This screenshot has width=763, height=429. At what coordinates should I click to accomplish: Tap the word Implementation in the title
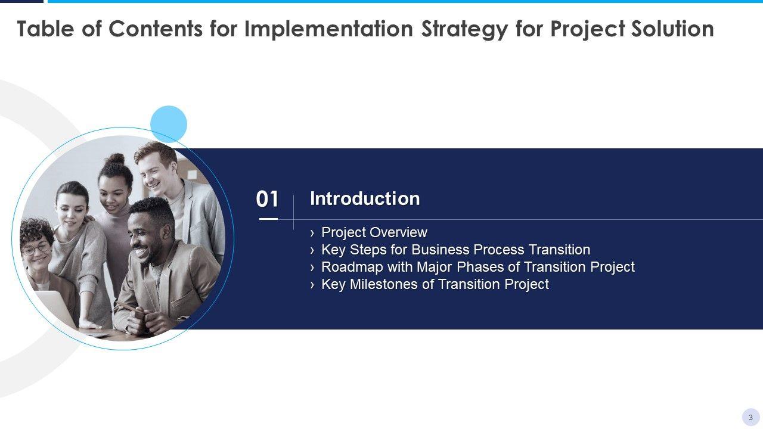[328, 29]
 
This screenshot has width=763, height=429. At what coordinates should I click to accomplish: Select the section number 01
[268, 199]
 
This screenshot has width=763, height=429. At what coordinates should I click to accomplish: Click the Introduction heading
[365, 198]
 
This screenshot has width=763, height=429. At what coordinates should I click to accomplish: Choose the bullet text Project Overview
[374, 232]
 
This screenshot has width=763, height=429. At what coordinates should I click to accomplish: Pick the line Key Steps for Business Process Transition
[456, 250]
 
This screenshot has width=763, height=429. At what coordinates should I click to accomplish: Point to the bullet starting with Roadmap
[478, 267]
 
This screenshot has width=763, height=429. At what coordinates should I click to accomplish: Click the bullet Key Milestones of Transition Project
[435, 284]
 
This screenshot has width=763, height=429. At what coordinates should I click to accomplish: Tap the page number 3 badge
[750, 417]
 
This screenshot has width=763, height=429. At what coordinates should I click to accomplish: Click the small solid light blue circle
[169, 124]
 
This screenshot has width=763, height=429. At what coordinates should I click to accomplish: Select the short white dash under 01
[268, 219]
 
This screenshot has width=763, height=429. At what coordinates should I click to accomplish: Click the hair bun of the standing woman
[115, 159]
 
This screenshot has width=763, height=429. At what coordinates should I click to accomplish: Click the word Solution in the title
[673, 29]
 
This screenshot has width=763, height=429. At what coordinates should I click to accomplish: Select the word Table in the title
[45, 29]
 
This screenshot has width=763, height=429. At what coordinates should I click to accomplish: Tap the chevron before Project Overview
[312, 233]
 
